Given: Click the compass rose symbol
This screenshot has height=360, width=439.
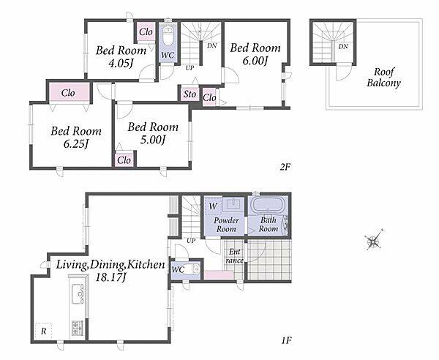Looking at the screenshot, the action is (x=374, y=240).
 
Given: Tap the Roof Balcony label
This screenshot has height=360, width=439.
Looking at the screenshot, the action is (x=383, y=78).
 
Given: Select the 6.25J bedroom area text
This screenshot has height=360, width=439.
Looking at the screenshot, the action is (x=76, y=144).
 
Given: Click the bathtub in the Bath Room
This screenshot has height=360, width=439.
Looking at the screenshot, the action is (x=268, y=205).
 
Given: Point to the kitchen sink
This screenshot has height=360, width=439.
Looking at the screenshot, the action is (x=78, y=293).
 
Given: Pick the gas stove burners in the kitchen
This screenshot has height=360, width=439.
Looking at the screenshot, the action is (x=78, y=328).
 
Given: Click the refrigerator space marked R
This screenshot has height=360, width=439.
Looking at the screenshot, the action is (x=44, y=331).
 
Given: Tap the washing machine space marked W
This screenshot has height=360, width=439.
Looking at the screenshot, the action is (x=214, y=206).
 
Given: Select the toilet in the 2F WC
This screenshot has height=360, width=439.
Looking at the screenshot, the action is (x=168, y=36).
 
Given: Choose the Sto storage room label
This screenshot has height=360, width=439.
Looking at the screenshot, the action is (x=190, y=94).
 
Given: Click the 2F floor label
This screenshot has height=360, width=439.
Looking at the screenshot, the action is (x=285, y=167).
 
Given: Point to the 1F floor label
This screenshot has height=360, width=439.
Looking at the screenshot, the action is (x=286, y=341).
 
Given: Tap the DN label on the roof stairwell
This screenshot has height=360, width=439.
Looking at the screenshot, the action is (x=343, y=47).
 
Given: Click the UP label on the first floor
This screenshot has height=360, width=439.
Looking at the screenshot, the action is (x=191, y=241).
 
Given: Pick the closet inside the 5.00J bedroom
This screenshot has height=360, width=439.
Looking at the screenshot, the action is (x=124, y=160).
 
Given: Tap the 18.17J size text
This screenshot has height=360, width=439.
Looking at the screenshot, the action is (x=110, y=277).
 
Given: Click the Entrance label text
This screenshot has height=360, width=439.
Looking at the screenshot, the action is (x=234, y=256).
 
